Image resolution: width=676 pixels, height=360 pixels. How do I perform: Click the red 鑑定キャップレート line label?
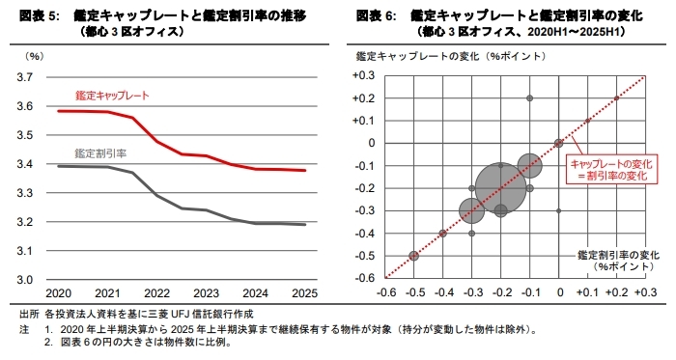pyautogui.click(x=112, y=97)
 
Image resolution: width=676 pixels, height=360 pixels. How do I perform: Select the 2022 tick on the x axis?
pyautogui.click(x=156, y=293)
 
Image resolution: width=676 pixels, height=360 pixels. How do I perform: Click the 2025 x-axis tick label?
pyautogui.click(x=305, y=293)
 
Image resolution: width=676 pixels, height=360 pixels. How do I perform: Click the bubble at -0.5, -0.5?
pyautogui.click(x=413, y=256)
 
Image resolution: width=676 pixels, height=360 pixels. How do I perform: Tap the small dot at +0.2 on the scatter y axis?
pyautogui.click(x=530, y=98)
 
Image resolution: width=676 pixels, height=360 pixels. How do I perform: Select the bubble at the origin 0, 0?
pyautogui.click(x=558, y=143)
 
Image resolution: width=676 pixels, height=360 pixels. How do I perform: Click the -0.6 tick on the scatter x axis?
pyautogui.click(x=385, y=292)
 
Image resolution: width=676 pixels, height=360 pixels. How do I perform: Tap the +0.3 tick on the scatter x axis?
pyautogui.click(x=645, y=292)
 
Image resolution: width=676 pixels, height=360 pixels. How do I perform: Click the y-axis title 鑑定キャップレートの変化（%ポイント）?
pyautogui.click(x=429, y=57)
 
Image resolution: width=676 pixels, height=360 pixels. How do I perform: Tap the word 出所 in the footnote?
pyautogui.click(x=29, y=315)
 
